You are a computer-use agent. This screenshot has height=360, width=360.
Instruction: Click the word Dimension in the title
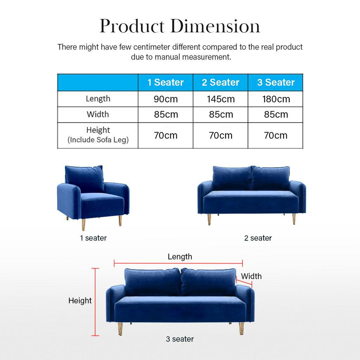point(216,26)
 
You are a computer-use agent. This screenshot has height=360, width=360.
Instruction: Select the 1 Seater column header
point(166,82)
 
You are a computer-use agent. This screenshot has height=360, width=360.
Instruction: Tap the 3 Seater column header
point(276,82)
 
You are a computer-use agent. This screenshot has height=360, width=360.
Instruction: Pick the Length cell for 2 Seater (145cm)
point(221,99)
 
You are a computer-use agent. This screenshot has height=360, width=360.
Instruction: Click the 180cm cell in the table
point(276,99)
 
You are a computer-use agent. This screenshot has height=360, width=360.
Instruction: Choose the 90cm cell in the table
point(166,99)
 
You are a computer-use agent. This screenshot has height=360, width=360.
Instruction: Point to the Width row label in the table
point(98,114)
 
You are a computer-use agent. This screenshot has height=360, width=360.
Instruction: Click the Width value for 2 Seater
point(221,115)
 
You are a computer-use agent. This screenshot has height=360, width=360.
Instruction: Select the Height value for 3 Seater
point(276,135)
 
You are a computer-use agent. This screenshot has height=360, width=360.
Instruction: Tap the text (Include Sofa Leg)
point(98,140)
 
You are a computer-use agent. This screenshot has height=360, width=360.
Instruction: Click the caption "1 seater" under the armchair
point(93,238)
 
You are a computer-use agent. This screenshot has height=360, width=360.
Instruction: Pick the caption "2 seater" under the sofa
point(258,238)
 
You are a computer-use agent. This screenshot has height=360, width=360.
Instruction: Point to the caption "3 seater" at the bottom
point(180,339)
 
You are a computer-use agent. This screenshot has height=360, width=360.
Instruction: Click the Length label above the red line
point(180,257)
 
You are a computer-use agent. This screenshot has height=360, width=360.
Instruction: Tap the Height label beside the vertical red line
point(80,301)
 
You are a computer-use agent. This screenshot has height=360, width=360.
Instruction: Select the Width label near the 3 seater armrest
point(251,276)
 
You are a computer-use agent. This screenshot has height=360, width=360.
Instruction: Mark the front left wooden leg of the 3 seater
point(120,329)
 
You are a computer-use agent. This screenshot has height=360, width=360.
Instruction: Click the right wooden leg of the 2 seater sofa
point(294,219)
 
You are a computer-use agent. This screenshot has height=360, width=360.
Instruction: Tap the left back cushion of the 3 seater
point(153,282)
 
